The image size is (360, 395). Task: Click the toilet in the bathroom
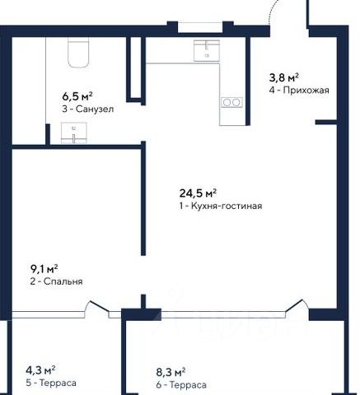[x=78, y=52]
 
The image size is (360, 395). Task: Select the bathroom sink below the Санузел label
[x=73, y=133]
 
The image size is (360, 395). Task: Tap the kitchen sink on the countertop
[x=207, y=51]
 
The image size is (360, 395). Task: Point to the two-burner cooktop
[x=232, y=103]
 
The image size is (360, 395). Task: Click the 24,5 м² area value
[x=198, y=193]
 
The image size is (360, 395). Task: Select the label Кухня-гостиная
[x=227, y=206]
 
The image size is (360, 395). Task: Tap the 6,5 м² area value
[x=77, y=96]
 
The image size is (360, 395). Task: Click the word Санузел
[x=95, y=109]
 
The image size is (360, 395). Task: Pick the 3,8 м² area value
[x=283, y=77]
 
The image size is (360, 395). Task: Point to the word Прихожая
[x=306, y=91]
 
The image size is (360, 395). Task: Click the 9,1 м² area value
[x=44, y=269]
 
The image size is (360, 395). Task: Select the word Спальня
[x=63, y=281]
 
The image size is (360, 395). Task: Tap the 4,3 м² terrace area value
[x=40, y=370]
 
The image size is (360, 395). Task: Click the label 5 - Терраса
[x=51, y=383]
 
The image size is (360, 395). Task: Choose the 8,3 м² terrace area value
[x=171, y=372]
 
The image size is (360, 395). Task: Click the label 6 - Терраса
[x=181, y=385]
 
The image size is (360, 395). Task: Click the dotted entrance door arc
[x=273, y=11]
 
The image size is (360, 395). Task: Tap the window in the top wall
[x=200, y=27]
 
